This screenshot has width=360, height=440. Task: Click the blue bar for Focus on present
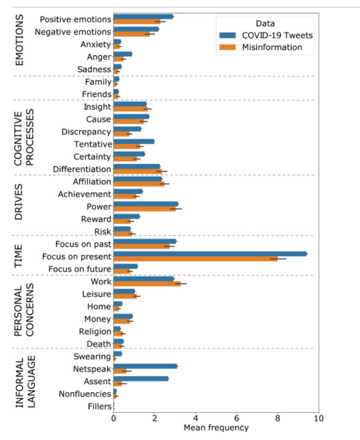click(210, 254)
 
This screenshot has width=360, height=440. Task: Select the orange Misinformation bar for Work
click(147, 284)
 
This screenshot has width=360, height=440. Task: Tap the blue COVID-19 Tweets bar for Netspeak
click(145, 366)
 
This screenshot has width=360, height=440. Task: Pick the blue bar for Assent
click(141, 379)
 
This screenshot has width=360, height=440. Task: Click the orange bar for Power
click(144, 209)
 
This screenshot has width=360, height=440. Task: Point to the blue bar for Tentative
click(134, 141)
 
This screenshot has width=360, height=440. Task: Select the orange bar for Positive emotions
click(137, 22)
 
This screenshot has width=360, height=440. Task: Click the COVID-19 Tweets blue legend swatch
click(227, 36)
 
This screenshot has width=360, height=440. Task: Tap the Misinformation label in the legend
click(272, 47)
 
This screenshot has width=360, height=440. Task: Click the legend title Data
click(265, 23)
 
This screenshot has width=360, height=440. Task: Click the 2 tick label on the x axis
click(155, 418)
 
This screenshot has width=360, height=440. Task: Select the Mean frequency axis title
click(216, 428)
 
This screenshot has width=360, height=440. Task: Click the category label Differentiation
click(82, 169)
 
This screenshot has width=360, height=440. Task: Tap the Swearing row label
click(92, 357)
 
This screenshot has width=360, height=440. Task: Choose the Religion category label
click(95, 332)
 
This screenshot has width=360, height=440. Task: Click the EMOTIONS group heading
click(19, 40)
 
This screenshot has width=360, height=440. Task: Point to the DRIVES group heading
click(19, 202)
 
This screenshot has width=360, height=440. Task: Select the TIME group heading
click(18, 256)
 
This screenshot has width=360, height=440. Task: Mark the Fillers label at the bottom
click(100, 407)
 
